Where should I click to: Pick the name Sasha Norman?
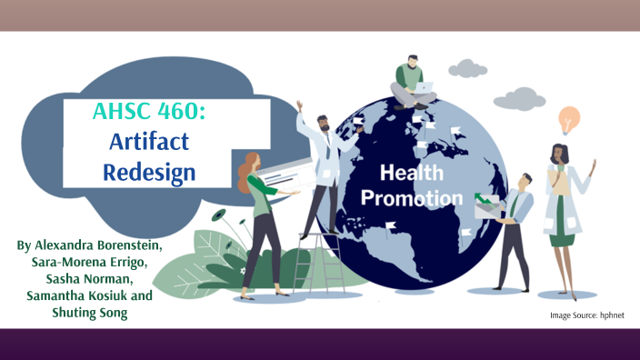pos(90,279)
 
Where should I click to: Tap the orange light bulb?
pos(569,119)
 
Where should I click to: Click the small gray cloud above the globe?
pos(467,67)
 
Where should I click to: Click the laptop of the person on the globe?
pos(425,88)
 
